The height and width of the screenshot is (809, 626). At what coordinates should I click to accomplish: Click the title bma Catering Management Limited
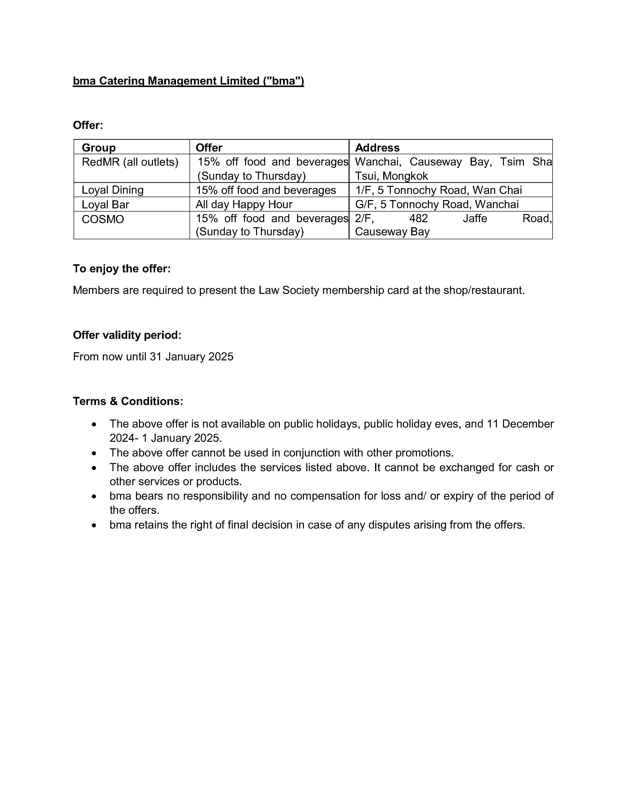pyautogui.click(x=188, y=81)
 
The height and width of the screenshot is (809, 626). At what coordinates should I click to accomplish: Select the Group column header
pyautogui.click(x=99, y=147)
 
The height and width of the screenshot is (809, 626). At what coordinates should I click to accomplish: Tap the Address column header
pyautogui.click(x=377, y=147)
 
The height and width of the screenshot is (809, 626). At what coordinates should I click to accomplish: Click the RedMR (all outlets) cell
pyautogui.click(x=130, y=162)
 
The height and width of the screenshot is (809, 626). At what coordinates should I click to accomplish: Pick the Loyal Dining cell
pyautogui.click(x=112, y=190)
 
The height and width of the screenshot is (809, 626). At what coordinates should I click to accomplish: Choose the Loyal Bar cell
pyautogui.click(x=105, y=204)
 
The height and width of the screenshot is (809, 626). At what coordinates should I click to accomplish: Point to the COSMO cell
pyautogui.click(x=103, y=219)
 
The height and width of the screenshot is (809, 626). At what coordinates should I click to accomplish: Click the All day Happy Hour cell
pyautogui.click(x=244, y=204)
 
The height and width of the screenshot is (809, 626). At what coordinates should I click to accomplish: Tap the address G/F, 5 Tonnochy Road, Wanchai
pyautogui.click(x=436, y=204)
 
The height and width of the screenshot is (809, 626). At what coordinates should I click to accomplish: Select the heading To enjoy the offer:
pyautogui.click(x=122, y=268)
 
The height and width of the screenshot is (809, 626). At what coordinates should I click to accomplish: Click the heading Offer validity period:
pyautogui.click(x=127, y=335)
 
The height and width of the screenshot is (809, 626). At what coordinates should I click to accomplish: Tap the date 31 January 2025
pyautogui.click(x=191, y=356)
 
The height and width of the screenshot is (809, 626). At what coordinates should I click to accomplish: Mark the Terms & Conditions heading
pyautogui.click(x=128, y=401)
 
